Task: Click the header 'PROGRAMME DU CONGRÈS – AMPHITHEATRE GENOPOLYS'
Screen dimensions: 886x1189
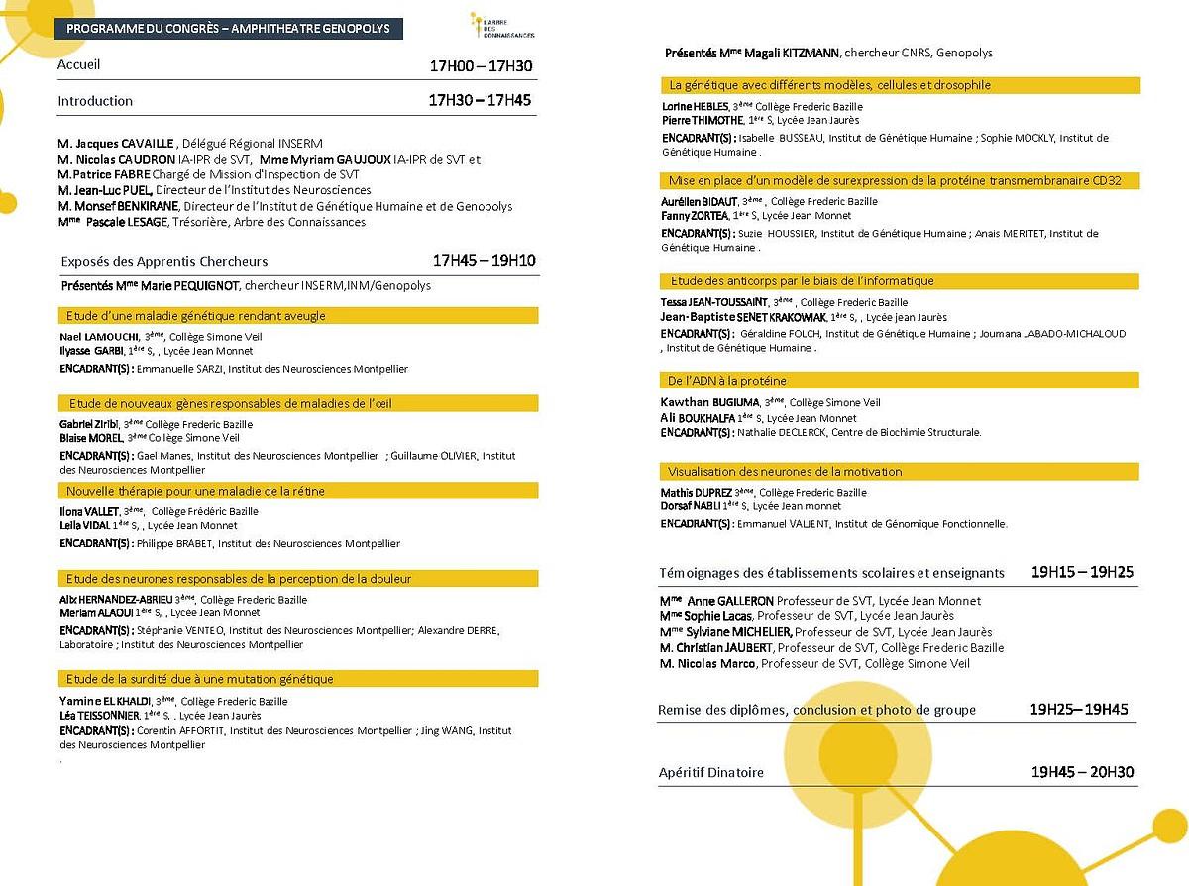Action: (x=228, y=28)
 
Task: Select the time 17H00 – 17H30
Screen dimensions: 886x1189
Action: (x=481, y=66)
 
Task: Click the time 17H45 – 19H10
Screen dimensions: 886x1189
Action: (x=485, y=261)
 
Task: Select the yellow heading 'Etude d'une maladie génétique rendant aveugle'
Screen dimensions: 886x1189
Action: (x=196, y=316)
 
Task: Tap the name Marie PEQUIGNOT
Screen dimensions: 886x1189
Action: (x=189, y=286)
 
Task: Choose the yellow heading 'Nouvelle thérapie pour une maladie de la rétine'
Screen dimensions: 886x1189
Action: (x=195, y=491)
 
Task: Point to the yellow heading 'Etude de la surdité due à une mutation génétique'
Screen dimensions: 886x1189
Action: (x=200, y=679)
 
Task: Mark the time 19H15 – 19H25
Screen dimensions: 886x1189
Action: (x=1082, y=572)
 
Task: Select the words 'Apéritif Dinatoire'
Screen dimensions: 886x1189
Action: (x=711, y=772)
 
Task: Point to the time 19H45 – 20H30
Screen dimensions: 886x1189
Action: (x=1082, y=772)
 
